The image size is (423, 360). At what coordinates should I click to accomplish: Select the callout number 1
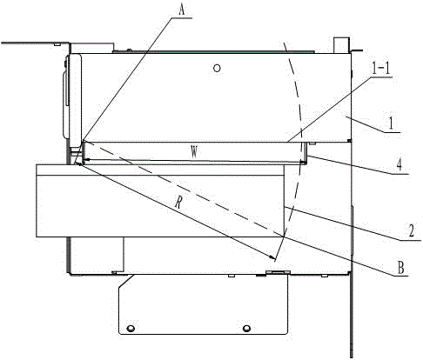[391, 123]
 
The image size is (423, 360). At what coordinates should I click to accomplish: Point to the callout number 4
[399, 164]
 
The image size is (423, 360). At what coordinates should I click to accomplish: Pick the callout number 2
[411, 231]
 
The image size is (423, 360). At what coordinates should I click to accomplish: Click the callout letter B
[400, 268]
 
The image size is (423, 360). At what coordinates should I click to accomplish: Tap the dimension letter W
[194, 152]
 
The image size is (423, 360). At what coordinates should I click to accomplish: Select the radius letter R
[178, 203]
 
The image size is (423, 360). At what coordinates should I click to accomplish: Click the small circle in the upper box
[217, 68]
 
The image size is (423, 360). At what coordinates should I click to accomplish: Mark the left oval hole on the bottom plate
[131, 329]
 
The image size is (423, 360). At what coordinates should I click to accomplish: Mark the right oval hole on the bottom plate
[246, 329]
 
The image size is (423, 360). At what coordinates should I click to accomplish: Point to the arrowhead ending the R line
[272, 257]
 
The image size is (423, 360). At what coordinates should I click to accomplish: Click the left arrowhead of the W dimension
[85, 159]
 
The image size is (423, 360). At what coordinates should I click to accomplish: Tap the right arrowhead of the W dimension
[302, 162]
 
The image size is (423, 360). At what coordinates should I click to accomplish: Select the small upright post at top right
[341, 45]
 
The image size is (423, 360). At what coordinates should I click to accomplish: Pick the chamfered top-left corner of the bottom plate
[125, 281]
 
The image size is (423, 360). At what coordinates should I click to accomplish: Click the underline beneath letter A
[181, 18]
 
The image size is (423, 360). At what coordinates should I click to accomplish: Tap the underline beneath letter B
[400, 277]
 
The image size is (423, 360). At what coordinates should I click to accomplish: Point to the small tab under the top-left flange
[57, 44]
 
